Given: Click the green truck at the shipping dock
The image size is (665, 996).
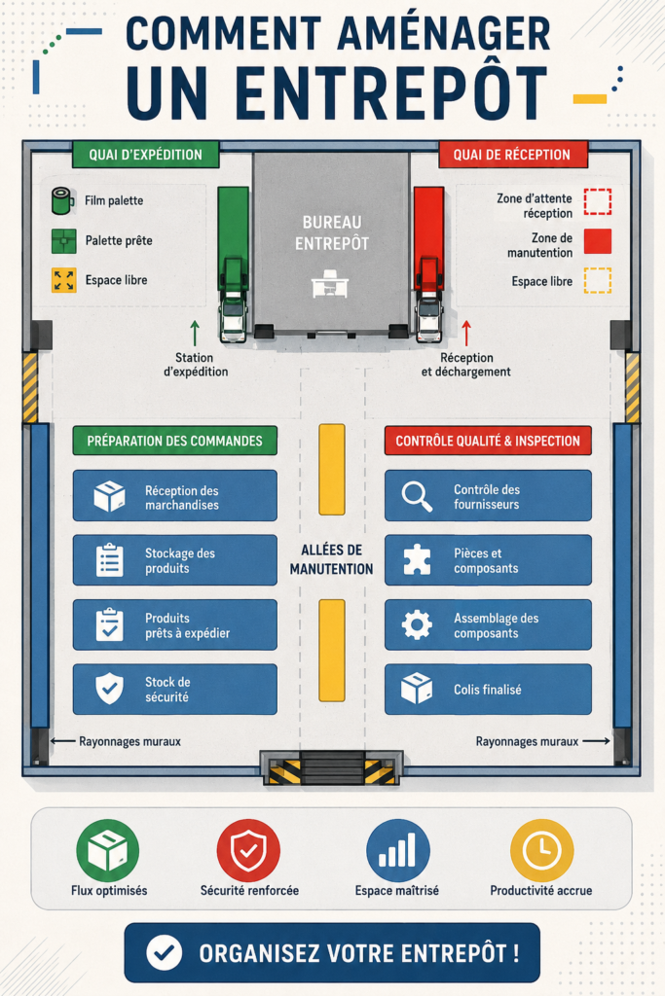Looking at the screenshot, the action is point(233,265).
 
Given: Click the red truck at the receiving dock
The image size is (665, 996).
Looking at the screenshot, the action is point(429,265).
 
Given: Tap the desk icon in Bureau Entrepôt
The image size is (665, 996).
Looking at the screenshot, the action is point(330,283).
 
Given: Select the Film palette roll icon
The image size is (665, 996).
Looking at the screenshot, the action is point(63,200).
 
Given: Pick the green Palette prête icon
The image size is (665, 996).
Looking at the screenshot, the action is point(63,241).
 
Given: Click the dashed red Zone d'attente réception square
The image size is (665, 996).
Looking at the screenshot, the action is point(598,202).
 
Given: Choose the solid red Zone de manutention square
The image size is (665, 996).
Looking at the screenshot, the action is point(598,241).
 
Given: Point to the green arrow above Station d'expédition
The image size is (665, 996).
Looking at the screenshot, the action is point(195,334).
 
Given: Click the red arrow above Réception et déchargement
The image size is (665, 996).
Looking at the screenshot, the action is point(466,334).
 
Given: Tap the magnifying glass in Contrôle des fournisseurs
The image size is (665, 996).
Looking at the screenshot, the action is point(417,496).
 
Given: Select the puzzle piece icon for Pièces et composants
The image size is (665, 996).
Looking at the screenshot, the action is point(417,560).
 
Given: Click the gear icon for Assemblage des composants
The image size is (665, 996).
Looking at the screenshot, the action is point(417,625).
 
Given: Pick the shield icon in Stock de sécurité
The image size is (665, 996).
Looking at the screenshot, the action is point(109,689).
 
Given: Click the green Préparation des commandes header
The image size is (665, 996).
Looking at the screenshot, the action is point(175,441).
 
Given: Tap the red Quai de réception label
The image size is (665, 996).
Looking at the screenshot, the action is point(512,155).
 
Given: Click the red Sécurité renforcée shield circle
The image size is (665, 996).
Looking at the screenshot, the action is point(248,850).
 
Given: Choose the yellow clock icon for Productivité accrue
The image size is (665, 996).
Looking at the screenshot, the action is point(541,850).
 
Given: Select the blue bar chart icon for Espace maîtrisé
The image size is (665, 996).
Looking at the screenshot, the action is point(398,850).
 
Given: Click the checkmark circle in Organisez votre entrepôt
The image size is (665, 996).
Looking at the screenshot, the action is point(164,953).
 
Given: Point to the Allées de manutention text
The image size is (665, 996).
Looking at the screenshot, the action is point(331,559).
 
